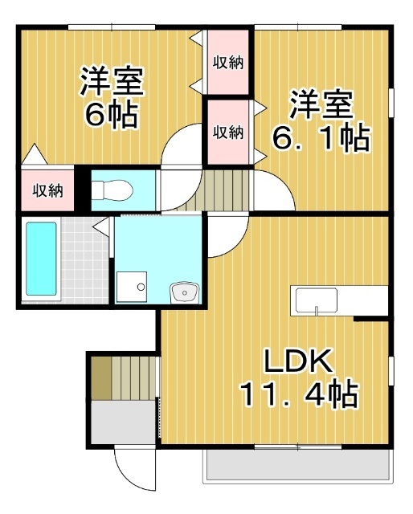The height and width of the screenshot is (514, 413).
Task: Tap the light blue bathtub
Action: (x=41, y=259)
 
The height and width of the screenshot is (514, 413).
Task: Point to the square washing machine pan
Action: (x=130, y=287)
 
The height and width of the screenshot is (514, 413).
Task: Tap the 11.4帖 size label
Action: (x=298, y=395)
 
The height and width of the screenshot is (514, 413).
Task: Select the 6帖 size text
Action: (x=111, y=116)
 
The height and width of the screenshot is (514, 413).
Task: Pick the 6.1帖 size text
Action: (x=321, y=138)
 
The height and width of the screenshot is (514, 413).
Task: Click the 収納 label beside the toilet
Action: (x=47, y=190)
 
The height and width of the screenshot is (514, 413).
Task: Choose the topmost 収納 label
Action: (x=228, y=61)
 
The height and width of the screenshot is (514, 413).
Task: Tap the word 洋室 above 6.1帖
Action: (x=321, y=104)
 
